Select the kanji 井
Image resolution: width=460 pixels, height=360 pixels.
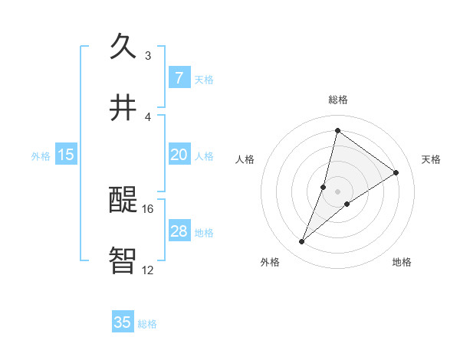click(123, 108)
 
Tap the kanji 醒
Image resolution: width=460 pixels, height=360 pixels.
click(123, 200)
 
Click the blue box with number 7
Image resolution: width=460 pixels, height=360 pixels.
click(179, 77)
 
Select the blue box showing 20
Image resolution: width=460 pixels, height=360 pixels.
click(179, 155)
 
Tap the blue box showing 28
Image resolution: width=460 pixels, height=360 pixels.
click(179, 231)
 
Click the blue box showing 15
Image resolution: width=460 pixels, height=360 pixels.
click(66, 155)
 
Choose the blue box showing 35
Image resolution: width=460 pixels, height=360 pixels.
click(123, 322)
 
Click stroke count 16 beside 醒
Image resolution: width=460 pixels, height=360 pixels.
click(148, 208)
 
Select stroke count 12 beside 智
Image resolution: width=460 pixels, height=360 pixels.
click(148, 270)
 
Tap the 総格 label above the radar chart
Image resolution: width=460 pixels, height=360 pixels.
click(338, 100)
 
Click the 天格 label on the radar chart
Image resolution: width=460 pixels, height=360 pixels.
click(431, 159)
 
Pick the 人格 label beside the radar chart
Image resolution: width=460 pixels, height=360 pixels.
click(245, 159)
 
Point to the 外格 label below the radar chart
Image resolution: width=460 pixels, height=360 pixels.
click(270, 262)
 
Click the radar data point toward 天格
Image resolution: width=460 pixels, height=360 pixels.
click(396, 172)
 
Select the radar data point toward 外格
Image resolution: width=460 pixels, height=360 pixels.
click(302, 242)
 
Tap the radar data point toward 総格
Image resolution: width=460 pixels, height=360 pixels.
click(337, 130)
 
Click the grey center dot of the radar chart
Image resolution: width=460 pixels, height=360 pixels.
click(338, 191)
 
